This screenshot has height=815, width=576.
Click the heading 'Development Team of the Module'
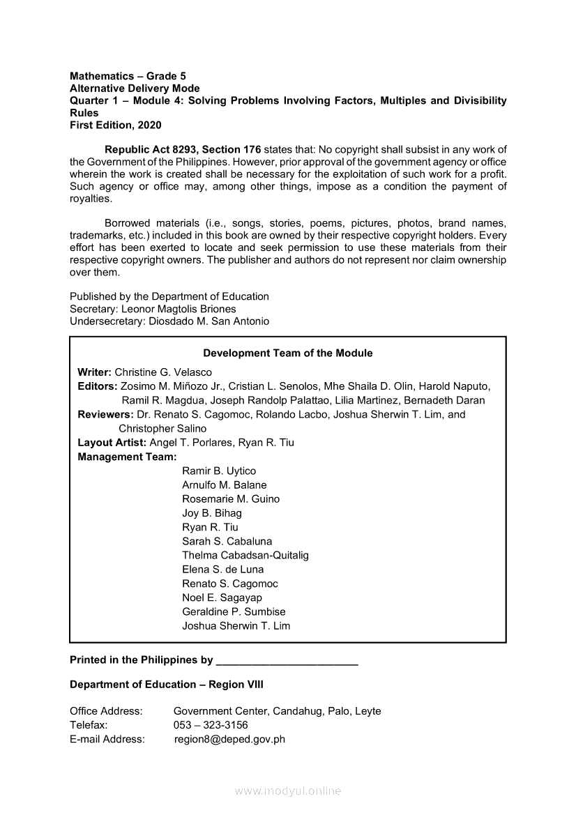[288, 353]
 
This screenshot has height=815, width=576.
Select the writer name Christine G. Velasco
[163, 372]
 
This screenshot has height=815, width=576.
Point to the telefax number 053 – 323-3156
[211, 725]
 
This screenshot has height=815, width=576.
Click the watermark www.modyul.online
[288, 791]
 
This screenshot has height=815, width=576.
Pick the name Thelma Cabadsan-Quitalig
[245, 555]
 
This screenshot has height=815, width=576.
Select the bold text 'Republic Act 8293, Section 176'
[183, 149]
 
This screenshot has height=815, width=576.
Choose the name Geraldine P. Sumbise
[234, 611]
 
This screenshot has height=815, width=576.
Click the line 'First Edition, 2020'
[116, 125]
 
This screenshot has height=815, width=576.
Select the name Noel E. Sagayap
[222, 597]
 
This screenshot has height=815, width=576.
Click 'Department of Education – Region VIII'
[167, 685]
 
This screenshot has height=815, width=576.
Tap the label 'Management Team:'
[127, 457]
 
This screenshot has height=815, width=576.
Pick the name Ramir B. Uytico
[219, 471]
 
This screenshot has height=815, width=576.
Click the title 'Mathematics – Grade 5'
[128, 76]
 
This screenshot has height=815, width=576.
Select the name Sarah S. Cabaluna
[227, 541]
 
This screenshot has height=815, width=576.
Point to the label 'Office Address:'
[106, 711]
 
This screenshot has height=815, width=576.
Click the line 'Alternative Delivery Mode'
[135, 89]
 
